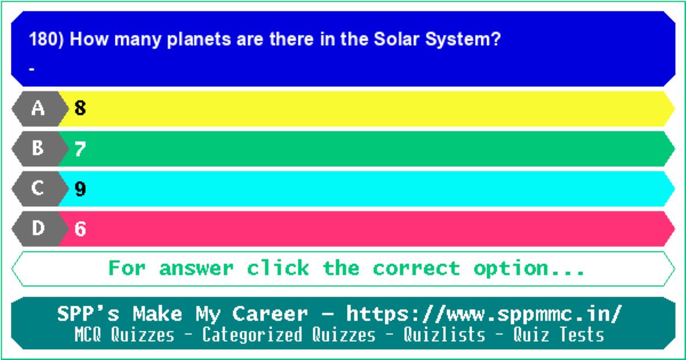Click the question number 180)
(46, 39)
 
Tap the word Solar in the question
(396, 39)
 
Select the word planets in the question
(199, 40)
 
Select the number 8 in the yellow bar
(80, 108)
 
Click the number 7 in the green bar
(80, 149)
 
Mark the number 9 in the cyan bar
(80, 189)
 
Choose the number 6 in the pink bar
(80, 229)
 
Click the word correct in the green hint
(417, 269)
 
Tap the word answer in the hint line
(196, 269)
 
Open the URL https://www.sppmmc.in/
(484, 314)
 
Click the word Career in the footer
(270, 314)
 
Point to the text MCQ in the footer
(88, 334)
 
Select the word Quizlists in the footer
(444, 334)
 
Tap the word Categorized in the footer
(252, 335)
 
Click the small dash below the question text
(31, 70)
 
